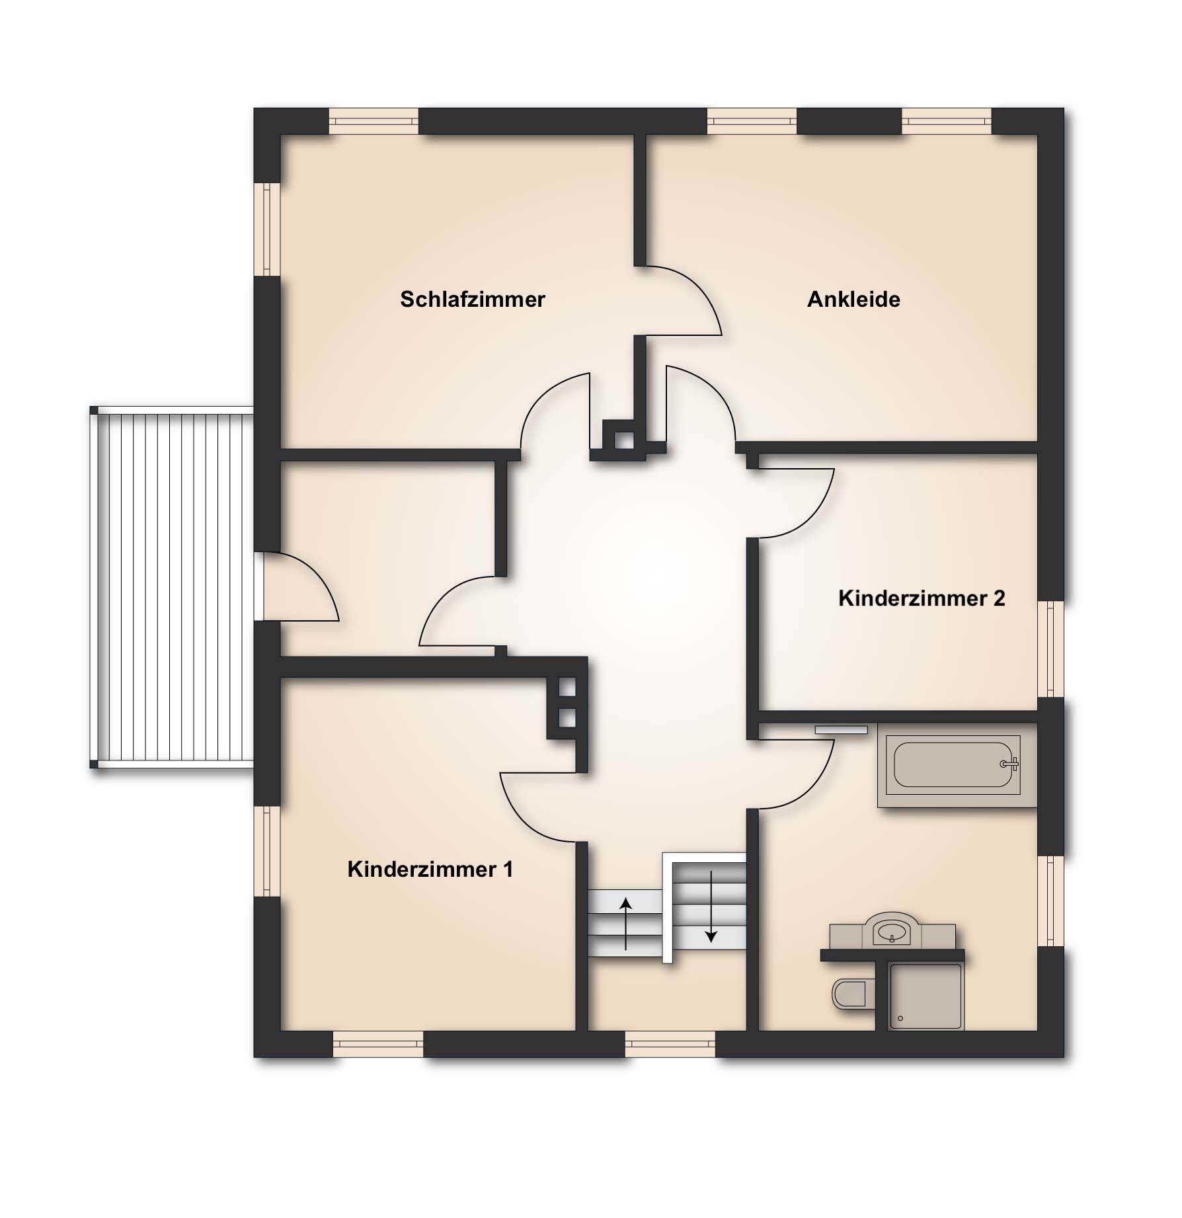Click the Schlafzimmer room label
click(x=473, y=300)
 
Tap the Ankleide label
click(x=853, y=300)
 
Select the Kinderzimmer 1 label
click(x=430, y=869)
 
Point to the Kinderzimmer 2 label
click(x=922, y=598)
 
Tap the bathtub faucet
click(x=1009, y=764)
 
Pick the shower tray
click(x=926, y=996)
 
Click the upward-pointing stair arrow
click(x=626, y=924)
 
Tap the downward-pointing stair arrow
click(x=711, y=906)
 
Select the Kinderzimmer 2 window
click(x=1050, y=649)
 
